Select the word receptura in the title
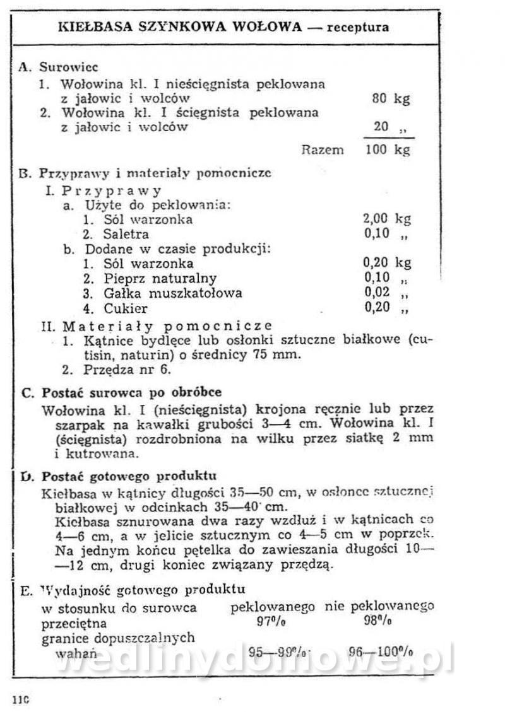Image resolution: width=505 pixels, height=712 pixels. [362, 27]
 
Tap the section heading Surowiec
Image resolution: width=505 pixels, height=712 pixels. [68, 67]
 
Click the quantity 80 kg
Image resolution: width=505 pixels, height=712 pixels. [391, 99]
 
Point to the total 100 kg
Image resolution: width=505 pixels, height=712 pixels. [387, 149]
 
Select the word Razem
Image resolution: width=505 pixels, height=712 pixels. [323, 149]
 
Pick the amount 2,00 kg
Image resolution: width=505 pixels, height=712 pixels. [386, 219]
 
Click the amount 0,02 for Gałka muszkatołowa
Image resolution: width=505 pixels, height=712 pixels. [377, 293]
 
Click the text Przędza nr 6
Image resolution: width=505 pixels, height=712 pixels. [117, 370]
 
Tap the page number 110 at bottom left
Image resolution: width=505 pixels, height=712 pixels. [21, 699]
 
